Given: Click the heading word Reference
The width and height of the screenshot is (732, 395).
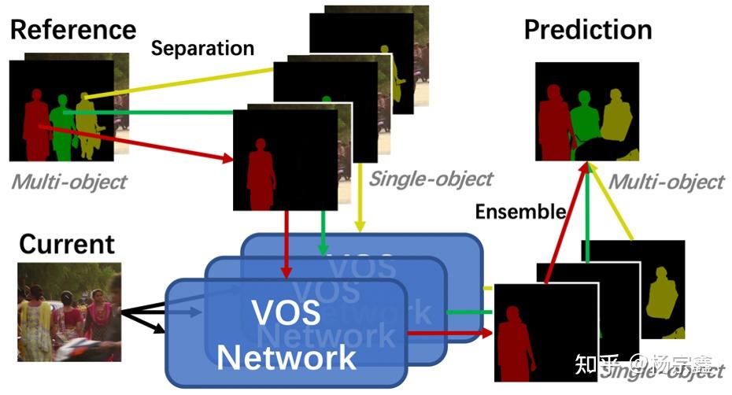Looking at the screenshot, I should tap(72, 29).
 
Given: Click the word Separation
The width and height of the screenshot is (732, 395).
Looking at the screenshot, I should tap(202, 48).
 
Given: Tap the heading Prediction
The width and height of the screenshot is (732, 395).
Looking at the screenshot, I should tap(587, 30).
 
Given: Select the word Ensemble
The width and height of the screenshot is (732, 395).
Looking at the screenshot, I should tap(520, 211).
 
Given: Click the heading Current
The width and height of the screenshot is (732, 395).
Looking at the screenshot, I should tap(67, 244).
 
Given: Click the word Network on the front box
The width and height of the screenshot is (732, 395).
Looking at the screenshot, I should tap(287, 356).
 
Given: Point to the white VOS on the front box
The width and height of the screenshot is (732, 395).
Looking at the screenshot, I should tap(286, 313).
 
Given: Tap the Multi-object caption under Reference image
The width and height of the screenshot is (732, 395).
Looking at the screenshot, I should tap(68, 182).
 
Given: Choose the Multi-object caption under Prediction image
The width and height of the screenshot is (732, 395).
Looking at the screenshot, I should tap(666, 182).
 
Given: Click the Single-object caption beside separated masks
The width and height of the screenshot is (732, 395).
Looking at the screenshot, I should tap(431, 179).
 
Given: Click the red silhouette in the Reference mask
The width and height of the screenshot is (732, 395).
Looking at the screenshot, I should tap(35, 126).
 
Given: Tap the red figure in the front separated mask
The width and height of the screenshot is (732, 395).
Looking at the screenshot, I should tap(261, 177).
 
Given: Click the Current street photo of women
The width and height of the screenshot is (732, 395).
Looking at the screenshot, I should tap(68, 312).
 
